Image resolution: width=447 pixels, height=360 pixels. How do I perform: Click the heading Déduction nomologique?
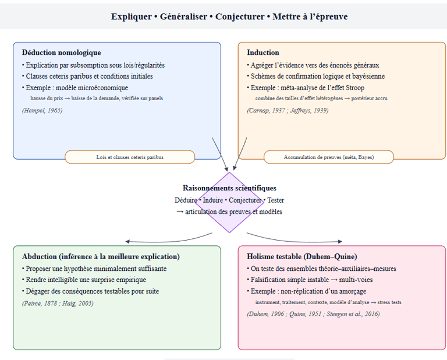(x=61, y=52)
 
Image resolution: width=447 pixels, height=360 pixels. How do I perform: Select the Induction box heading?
(x=262, y=52)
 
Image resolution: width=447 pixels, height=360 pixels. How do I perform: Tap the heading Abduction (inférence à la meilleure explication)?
(x=101, y=256)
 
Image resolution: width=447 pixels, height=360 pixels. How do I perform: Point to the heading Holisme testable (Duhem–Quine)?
(x=301, y=256)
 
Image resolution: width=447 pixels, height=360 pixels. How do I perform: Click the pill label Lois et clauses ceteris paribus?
(x=130, y=157)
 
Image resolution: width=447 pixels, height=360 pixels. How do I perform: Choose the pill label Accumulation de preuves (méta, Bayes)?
(x=329, y=157)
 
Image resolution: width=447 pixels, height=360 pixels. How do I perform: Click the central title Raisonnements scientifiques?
(x=229, y=188)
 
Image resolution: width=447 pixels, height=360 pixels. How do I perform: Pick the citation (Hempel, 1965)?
(x=42, y=110)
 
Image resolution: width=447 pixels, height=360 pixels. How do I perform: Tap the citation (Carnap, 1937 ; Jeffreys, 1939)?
(x=288, y=110)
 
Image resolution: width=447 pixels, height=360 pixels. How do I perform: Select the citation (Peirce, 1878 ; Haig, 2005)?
(x=58, y=303)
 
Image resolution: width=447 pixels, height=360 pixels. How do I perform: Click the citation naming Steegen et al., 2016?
(x=313, y=314)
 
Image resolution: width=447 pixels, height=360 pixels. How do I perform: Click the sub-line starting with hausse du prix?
(x=97, y=98)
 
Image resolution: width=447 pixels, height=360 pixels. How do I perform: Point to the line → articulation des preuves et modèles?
(x=229, y=211)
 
